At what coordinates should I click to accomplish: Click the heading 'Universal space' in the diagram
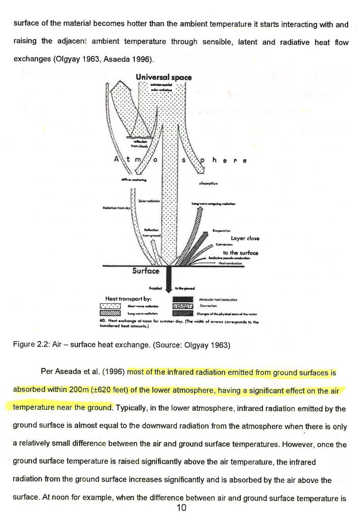pyautogui.click(x=164, y=77)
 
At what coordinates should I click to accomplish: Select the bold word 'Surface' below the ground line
pyautogui.click(x=146, y=270)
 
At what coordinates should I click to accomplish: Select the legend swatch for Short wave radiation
pyautogui.click(x=111, y=305)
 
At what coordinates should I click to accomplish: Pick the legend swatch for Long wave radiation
pyautogui.click(x=111, y=312)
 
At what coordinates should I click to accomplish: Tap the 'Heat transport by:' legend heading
pyautogui.click(x=128, y=298)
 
